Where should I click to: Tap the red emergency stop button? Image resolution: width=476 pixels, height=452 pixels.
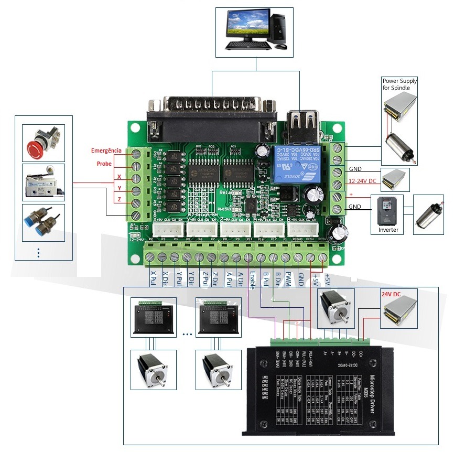[x=43, y=143]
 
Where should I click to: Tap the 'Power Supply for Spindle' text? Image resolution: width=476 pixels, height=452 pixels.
[x=399, y=84]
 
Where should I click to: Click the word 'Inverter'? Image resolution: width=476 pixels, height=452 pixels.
[x=388, y=230]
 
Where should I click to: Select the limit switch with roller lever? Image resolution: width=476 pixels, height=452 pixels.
[x=43, y=182]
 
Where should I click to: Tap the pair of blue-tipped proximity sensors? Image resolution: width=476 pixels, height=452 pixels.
[x=43, y=222]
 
